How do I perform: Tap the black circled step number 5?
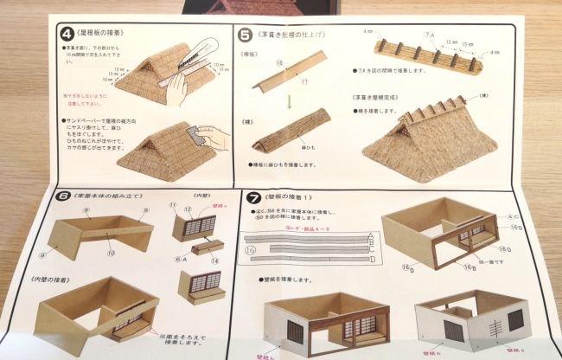(246, 35)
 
